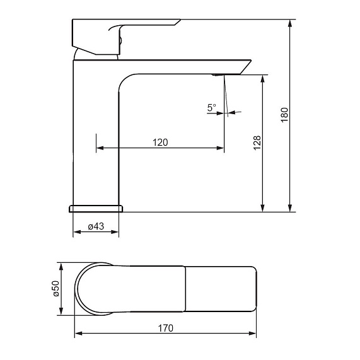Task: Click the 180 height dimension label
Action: [284, 115]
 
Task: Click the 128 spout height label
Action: [257, 143]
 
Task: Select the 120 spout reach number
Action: [160, 142]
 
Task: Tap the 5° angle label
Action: [212, 107]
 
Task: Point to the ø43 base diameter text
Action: [96, 226]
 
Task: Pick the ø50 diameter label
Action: [56, 289]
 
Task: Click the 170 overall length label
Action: [166, 328]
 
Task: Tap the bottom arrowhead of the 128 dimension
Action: [263, 207]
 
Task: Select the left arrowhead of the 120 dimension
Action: [100, 148]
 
